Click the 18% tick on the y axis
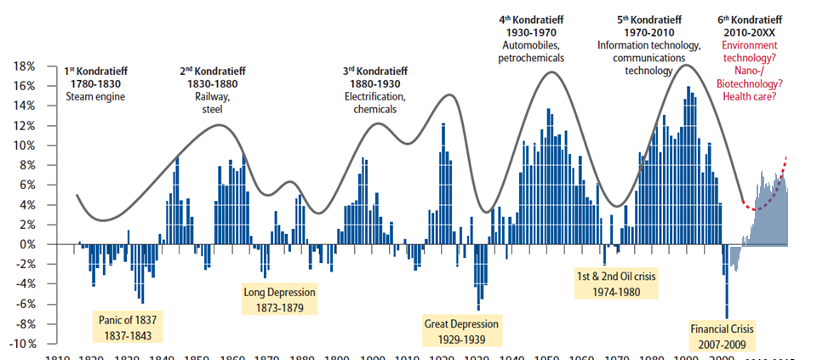(x=23, y=66)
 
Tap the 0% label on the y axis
(x=26, y=244)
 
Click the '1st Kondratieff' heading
(x=95, y=71)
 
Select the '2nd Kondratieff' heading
(x=209, y=71)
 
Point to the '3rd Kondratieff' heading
(x=374, y=71)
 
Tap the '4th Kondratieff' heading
(x=531, y=19)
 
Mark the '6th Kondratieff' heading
(x=752, y=19)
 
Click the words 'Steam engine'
(x=95, y=96)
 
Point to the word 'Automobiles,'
(x=531, y=45)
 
